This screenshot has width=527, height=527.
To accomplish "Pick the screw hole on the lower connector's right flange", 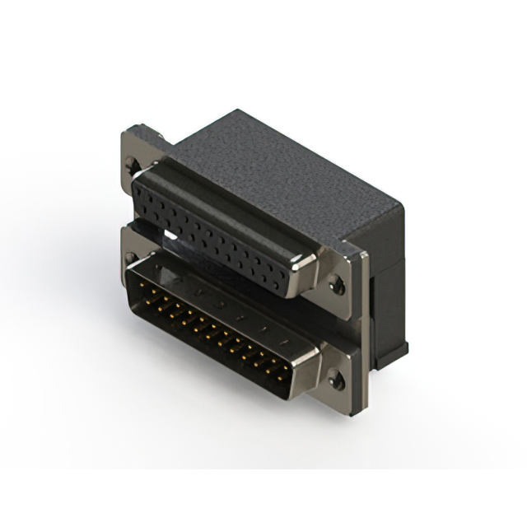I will pyautogui.click(x=335, y=381).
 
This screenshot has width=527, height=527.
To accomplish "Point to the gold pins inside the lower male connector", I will pyautogui.click(x=214, y=329).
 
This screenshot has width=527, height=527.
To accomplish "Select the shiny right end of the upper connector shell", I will pyautogui.click(x=302, y=271).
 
